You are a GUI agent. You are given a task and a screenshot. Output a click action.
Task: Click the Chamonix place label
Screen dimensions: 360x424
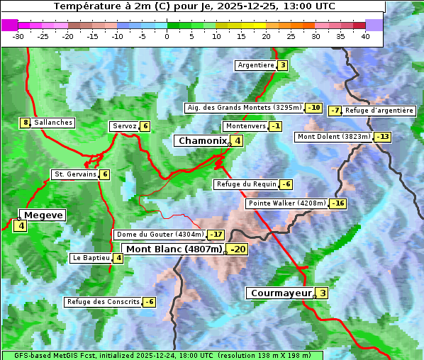202,141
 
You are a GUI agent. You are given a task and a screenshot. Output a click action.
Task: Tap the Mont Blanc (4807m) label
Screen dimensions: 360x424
174,249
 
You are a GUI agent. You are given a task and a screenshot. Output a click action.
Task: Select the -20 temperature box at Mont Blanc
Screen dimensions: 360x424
238,249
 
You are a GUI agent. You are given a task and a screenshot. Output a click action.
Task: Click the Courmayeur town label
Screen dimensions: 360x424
281,293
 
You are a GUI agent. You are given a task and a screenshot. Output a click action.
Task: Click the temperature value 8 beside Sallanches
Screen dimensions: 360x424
26,123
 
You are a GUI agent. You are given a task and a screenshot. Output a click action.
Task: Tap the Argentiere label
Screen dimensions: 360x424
256,65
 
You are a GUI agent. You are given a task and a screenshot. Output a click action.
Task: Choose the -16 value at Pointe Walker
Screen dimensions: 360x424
338,203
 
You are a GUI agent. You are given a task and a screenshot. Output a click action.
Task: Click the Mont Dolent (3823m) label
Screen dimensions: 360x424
334,137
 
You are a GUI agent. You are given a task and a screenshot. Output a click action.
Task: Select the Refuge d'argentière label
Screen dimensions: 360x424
379,111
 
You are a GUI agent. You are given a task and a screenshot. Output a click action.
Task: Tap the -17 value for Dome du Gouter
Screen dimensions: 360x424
216,235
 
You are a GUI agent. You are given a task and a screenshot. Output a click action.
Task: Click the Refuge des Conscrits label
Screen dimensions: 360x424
103,302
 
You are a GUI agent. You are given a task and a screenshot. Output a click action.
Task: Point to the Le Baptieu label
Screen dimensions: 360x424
91,258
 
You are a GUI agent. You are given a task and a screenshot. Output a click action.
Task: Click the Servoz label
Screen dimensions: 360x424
124,126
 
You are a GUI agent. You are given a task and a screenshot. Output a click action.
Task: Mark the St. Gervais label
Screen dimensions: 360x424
74,174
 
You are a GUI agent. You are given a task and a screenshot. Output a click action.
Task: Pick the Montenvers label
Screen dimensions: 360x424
245,126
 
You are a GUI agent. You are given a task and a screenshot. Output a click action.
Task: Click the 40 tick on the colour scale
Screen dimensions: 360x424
365,36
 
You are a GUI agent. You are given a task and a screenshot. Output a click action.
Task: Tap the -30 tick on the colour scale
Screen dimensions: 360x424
18,36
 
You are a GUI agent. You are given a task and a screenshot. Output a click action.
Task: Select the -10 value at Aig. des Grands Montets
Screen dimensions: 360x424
314,108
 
